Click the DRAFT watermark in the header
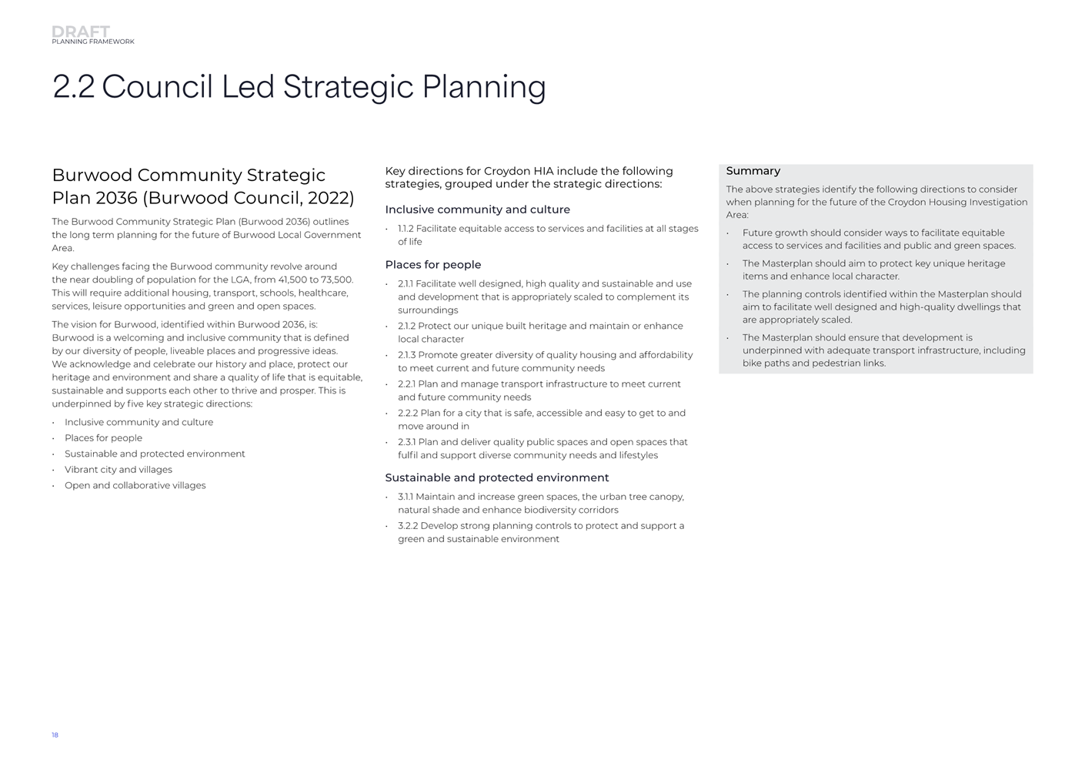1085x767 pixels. (x=81, y=32)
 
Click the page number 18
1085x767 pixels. (x=55, y=735)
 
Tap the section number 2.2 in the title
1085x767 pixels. (x=73, y=87)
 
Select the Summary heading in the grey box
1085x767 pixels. (x=753, y=171)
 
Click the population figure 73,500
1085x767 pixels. (x=336, y=280)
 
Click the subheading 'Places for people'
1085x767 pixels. (x=432, y=265)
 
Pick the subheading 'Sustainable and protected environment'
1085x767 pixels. (x=496, y=477)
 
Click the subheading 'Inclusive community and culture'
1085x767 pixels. (x=477, y=209)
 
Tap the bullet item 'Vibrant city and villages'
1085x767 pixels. (x=119, y=470)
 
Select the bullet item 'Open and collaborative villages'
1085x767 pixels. (x=135, y=486)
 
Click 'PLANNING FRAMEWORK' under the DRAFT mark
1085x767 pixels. (x=92, y=42)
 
